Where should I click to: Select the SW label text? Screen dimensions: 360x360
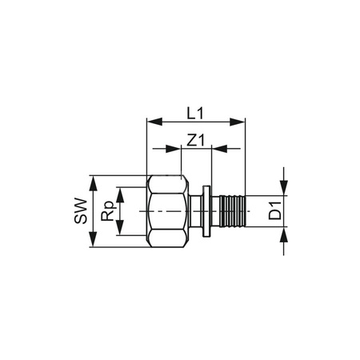80,212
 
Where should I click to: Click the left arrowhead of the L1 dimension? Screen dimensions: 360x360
153,122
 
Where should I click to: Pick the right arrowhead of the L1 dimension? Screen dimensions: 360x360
238,122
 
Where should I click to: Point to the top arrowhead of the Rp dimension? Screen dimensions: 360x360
121,192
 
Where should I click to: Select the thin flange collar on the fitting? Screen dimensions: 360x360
208,212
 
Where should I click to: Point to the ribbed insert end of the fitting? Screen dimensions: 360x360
228,212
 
